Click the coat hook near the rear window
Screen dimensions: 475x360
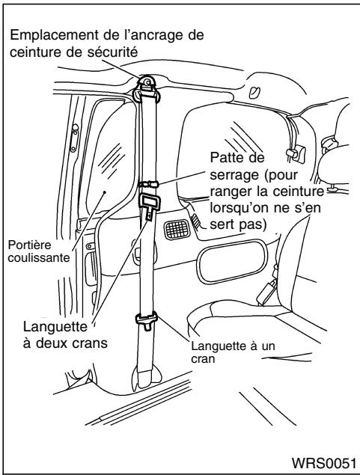[x=296, y=153]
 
